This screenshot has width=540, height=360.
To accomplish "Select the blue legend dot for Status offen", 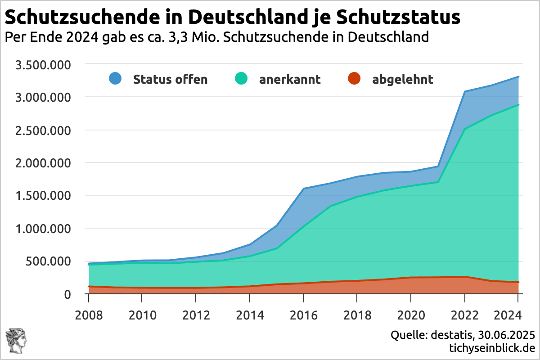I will [x=116, y=79].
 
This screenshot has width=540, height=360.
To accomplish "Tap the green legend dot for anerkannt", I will [x=242, y=79].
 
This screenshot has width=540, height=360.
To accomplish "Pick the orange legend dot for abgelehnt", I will [x=355, y=79].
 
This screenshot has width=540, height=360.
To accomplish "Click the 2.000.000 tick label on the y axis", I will [x=44, y=163].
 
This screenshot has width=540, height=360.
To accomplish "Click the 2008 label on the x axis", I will [x=88, y=314].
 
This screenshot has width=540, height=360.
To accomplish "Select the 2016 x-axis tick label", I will [x=303, y=314].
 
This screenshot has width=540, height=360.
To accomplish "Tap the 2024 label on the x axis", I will [x=518, y=314].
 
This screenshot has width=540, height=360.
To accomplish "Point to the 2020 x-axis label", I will [x=411, y=314].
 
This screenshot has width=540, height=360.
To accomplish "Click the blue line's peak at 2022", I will [x=465, y=91].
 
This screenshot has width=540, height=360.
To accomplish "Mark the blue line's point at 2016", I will [x=304, y=189].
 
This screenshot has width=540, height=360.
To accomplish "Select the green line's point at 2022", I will [x=465, y=129].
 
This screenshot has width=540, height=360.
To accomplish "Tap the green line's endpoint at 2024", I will [x=518, y=105].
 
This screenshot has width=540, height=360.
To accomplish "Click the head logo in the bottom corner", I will [x=15, y=341].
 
